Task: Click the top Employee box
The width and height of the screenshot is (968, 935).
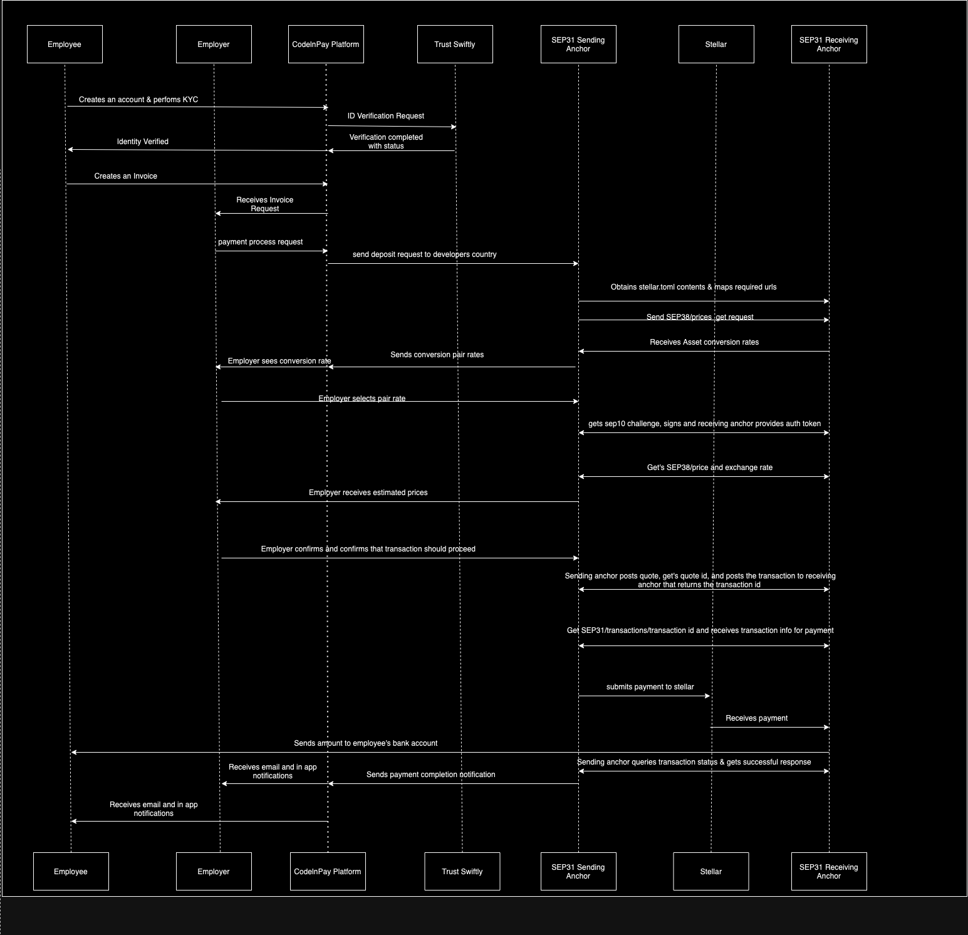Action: pyautogui.click(x=65, y=44)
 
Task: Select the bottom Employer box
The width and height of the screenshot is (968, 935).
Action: pyautogui.click(x=214, y=871)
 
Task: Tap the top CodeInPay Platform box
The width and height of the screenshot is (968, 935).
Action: pyautogui.click(x=326, y=44)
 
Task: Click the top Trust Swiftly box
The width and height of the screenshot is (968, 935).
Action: pyautogui.click(x=455, y=44)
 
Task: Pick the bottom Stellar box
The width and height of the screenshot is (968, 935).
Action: pyautogui.click(x=711, y=871)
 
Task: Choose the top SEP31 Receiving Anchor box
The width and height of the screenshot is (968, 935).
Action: pyautogui.click(x=829, y=44)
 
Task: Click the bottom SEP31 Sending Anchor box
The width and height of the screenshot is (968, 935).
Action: pyautogui.click(x=578, y=871)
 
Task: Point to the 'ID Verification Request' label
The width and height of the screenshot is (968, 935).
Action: pyautogui.click(x=386, y=116)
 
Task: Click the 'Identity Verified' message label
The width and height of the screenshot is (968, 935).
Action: pyautogui.click(x=143, y=142)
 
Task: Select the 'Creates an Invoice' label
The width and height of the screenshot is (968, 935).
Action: pyautogui.click(x=126, y=176)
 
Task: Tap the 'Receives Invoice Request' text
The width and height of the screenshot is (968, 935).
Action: pyautogui.click(x=265, y=204)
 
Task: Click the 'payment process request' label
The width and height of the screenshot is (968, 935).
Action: pyautogui.click(x=261, y=242)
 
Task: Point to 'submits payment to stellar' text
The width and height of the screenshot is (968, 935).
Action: pyautogui.click(x=650, y=687)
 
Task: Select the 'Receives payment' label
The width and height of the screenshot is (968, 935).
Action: pyautogui.click(x=757, y=718)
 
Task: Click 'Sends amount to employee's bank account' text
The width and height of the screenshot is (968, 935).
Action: pyautogui.click(x=366, y=743)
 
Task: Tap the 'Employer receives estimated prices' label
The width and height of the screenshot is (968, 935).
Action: pyautogui.click(x=368, y=493)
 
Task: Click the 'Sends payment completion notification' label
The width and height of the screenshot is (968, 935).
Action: pyautogui.click(x=431, y=775)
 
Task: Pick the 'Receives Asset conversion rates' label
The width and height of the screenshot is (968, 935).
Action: pyautogui.click(x=704, y=342)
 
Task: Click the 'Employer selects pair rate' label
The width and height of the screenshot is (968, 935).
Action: pyautogui.click(x=362, y=399)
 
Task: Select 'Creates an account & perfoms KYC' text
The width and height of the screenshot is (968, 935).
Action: pyautogui.click(x=138, y=100)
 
